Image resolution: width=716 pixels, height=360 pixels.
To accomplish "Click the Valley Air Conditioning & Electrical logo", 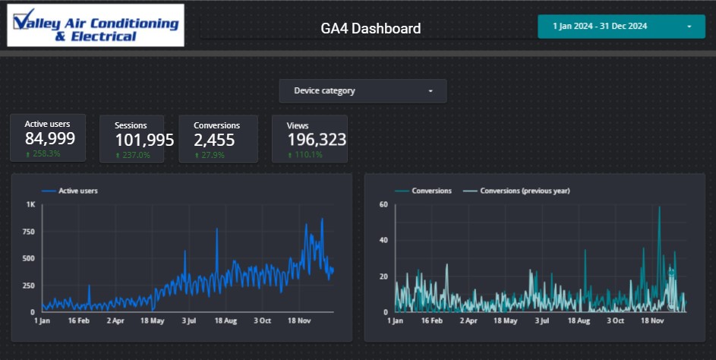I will [94, 25].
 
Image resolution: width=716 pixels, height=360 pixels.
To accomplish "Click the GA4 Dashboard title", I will [371, 29].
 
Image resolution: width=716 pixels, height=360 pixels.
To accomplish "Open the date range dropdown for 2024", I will [620, 26].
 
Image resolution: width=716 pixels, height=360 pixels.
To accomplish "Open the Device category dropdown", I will [362, 91].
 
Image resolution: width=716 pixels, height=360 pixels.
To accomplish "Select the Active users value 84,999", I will [49, 138].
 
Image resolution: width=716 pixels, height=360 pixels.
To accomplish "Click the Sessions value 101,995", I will [144, 140].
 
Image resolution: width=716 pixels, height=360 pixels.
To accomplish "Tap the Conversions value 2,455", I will [214, 140].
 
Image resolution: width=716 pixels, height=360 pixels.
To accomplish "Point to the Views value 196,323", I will [316, 140].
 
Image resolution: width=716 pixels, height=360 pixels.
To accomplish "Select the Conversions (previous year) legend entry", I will [524, 191].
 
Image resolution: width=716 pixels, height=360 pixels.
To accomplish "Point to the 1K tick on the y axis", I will [30, 204].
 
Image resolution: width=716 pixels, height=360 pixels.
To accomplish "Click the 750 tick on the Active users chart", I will [28, 232].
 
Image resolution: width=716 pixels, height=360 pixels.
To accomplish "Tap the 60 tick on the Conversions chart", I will [384, 204].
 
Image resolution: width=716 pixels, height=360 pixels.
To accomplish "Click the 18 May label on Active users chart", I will [153, 321].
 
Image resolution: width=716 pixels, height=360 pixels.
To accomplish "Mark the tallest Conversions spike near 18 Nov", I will [659, 208].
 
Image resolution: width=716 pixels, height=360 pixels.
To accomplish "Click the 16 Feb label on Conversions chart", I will [431, 321].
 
